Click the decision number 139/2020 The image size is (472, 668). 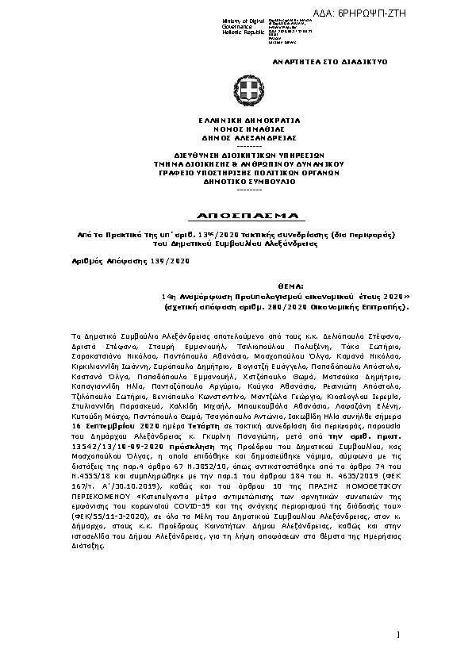[172, 260]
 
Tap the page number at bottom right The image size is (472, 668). [397, 635]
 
